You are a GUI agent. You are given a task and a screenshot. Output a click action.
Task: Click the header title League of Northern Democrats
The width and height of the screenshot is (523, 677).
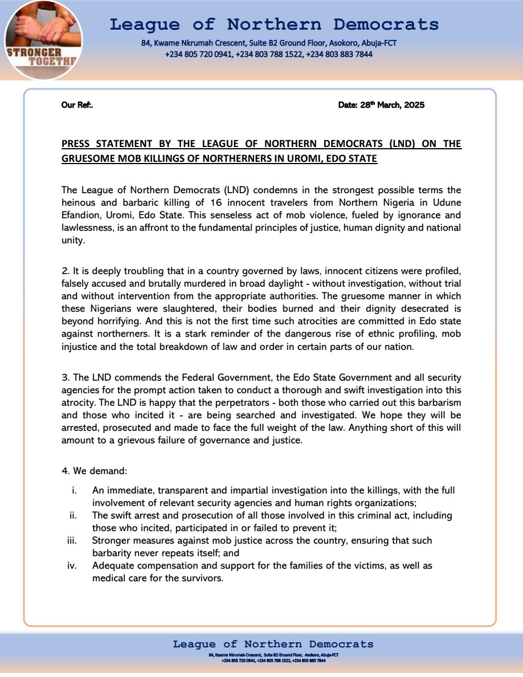point(274,25)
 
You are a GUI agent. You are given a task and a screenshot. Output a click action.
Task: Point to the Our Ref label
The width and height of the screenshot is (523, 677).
point(77,105)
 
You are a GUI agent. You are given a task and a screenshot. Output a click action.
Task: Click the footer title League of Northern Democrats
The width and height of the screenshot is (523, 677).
point(273,645)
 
